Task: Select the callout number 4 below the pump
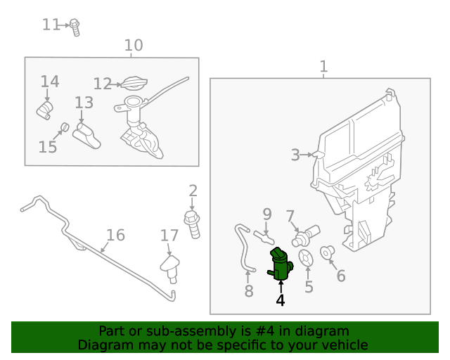(281, 300)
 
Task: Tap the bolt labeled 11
(75, 27)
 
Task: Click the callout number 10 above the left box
(134, 46)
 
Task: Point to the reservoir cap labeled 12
(133, 84)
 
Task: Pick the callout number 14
(49, 82)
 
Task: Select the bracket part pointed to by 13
(87, 134)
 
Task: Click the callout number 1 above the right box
(323, 67)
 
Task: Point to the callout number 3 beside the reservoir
(295, 155)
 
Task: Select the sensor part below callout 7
(308, 234)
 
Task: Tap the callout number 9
(267, 214)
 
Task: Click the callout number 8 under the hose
(248, 291)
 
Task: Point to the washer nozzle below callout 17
(170, 267)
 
